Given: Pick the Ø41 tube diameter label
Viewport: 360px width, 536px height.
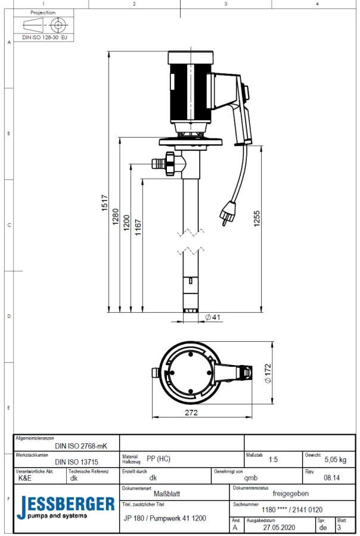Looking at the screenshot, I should click(x=213, y=317).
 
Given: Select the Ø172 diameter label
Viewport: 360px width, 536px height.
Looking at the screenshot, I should click(x=268, y=373).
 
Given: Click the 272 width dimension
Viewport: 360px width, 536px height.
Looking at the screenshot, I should click(x=191, y=412).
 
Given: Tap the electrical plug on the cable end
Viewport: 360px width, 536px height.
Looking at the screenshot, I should click(x=227, y=214).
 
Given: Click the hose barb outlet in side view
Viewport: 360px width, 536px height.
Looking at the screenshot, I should click(x=158, y=163).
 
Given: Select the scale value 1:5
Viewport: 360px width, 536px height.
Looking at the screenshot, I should click(x=273, y=460).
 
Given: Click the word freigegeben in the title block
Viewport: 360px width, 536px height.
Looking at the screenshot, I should click(x=290, y=493).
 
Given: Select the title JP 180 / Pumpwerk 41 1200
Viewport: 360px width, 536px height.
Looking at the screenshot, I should click(x=164, y=519).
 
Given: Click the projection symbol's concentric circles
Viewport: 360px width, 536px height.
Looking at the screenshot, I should click(x=58, y=26).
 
